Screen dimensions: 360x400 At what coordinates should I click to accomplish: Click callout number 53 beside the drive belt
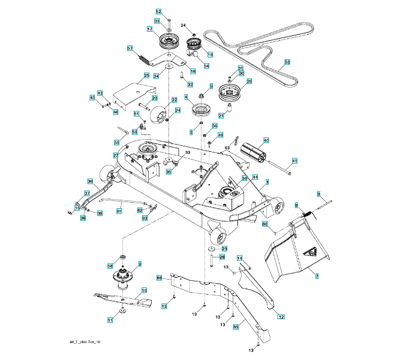click(287, 62)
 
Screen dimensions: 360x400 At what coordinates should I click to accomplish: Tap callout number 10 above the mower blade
click(144, 290)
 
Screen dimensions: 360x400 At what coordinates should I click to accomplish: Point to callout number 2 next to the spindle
click(139, 263)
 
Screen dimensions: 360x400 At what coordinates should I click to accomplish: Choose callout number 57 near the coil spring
click(130, 48)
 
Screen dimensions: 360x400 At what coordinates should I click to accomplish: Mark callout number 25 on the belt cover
click(146, 76)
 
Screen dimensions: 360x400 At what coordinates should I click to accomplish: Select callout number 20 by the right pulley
click(249, 81)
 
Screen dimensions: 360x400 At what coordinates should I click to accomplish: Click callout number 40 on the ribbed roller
click(266, 140)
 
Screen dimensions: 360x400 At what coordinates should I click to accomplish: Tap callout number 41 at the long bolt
click(294, 161)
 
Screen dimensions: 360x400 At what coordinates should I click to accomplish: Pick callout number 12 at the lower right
click(281, 314)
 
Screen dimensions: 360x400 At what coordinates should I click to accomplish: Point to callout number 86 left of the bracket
click(160, 278)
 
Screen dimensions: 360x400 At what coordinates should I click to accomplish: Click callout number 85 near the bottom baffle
click(236, 327)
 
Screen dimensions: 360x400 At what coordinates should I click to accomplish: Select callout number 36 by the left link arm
click(90, 181)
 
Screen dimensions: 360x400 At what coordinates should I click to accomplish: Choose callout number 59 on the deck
click(244, 178)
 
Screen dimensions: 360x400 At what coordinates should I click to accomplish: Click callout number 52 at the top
click(158, 11)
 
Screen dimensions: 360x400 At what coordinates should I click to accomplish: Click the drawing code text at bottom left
click(86, 342)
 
